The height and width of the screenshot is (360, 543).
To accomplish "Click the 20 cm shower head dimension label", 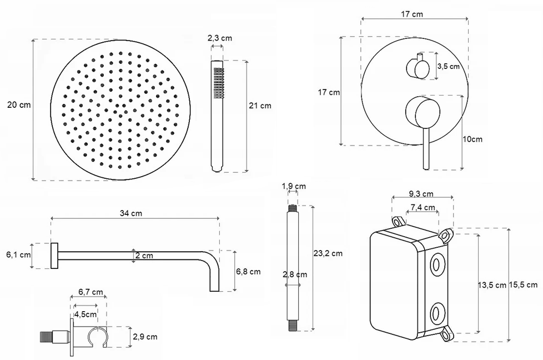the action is (19, 104).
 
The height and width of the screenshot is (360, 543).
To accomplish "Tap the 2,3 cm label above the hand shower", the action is (220, 38).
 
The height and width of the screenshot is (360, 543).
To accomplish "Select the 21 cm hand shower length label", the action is (260, 106).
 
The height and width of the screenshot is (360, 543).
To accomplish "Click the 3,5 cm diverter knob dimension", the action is (449, 66).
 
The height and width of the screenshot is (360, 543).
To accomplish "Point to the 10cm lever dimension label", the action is (472, 139).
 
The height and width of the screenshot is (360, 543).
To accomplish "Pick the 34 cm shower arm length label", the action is (131, 213).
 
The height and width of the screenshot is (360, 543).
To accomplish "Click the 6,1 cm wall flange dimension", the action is (18, 254).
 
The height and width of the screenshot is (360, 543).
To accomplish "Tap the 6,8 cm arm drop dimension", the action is (248, 272).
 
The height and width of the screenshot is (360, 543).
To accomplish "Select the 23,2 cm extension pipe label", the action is (328, 253).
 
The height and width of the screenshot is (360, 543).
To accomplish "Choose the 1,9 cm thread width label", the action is (294, 187).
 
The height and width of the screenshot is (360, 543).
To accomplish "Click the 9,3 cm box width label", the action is (421, 194).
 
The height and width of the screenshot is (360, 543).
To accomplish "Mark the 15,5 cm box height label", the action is (523, 285).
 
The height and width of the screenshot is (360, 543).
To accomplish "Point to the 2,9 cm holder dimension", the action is (145, 337).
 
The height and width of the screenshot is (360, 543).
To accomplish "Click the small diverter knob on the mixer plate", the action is (418, 67).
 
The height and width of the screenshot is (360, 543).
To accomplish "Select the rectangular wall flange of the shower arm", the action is (54, 256).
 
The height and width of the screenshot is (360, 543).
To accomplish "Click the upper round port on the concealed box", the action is (438, 264).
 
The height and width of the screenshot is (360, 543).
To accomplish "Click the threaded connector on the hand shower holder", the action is (47, 337).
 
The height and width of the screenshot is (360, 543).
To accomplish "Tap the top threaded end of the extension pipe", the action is (293, 208).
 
